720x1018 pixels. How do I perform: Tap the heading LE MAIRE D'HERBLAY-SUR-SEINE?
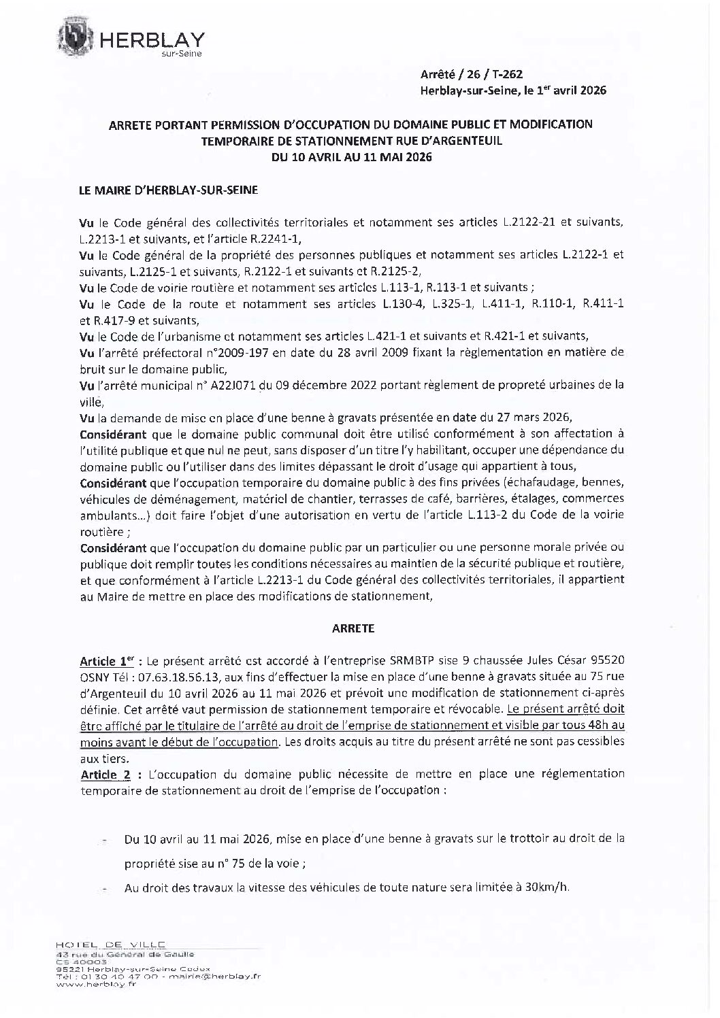click(x=169, y=191)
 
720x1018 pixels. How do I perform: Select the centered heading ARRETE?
click(x=353, y=629)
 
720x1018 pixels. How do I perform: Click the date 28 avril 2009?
click(x=387, y=353)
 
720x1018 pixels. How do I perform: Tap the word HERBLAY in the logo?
click(x=152, y=40)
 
